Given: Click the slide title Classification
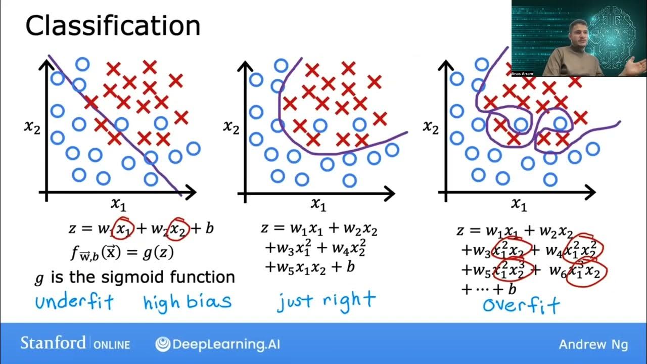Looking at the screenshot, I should [x=113, y=26].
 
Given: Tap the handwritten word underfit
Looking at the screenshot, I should [x=74, y=302].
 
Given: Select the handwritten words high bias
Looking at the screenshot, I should [x=187, y=302].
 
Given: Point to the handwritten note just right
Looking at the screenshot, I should [x=326, y=300].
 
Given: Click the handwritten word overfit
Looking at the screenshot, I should [x=521, y=304].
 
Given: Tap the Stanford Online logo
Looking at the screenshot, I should [x=75, y=344].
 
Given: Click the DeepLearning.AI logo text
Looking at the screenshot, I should [x=225, y=344].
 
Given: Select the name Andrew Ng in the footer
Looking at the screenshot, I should [x=593, y=344].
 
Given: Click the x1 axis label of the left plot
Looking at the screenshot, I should [x=118, y=204].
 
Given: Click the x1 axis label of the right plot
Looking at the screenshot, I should [x=519, y=204].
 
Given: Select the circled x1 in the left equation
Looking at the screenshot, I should [x=123, y=229].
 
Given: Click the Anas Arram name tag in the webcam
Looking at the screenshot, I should [x=522, y=74].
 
